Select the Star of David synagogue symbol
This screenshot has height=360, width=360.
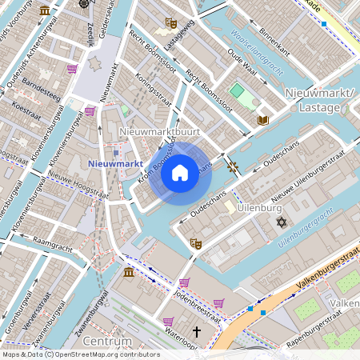pos(281,221)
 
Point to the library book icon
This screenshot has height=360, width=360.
pos(262,121)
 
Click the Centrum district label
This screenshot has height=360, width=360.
pos(106,342)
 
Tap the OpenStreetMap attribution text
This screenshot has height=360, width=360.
pos(81,354)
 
